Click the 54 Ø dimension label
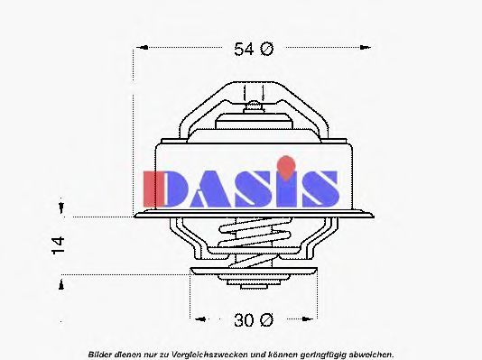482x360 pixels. click(x=254, y=49)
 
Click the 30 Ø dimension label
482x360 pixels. click(x=254, y=320)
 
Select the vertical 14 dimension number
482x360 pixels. click(x=59, y=245)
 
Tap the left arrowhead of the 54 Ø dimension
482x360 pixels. click(x=143, y=47)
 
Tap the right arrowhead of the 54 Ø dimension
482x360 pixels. click(x=366, y=47)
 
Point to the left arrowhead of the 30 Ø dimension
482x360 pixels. click(x=201, y=319)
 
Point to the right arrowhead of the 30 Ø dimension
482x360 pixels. click(x=307, y=319)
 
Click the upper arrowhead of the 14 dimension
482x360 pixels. click(x=61, y=208)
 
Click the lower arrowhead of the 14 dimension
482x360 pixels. click(x=61, y=284)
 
